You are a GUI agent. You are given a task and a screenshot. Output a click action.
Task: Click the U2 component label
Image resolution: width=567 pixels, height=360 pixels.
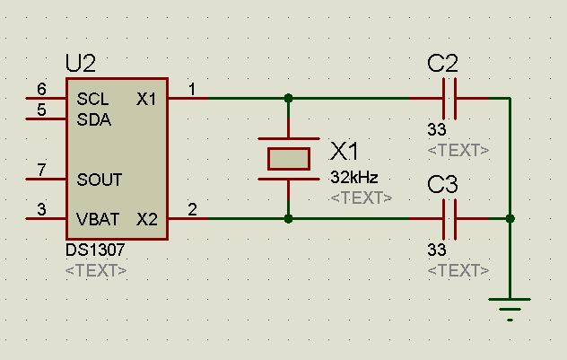pos(81,63)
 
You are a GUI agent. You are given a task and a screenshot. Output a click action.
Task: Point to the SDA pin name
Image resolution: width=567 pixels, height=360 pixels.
pos(93,119)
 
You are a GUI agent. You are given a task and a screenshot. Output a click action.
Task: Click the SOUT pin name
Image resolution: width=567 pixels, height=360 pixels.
pos(99,180)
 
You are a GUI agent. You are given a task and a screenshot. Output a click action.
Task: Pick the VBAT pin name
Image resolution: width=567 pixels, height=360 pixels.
pos(98,218)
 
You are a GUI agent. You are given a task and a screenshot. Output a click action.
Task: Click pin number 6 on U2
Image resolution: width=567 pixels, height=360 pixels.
pos(41,89)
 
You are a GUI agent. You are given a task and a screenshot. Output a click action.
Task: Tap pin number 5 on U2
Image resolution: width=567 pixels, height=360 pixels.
pos(41,110)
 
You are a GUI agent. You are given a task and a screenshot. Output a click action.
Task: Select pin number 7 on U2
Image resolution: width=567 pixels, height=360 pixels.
pos(41,170)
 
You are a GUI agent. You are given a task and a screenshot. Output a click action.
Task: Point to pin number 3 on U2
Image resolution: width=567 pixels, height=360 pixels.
pos(41,210)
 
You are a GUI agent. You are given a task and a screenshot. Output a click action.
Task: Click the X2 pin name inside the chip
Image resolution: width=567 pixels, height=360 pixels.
pos(146,218)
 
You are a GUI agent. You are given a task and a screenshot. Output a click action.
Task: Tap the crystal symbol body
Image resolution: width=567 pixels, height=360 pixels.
pos(289,159)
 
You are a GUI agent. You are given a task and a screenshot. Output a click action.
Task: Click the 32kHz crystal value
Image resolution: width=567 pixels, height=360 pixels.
pos(354,177)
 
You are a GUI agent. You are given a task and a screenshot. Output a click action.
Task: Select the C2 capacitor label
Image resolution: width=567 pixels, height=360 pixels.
pos(443,63)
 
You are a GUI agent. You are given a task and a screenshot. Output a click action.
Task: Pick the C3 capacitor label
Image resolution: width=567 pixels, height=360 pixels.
pos(443,185)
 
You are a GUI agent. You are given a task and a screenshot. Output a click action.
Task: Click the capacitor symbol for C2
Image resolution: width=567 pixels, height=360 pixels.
pos(450,98)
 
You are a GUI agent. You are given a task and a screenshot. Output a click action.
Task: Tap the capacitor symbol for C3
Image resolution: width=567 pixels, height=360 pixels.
pos(450,218)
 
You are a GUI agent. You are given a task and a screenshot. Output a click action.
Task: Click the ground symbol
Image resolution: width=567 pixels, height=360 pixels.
pos(510,305)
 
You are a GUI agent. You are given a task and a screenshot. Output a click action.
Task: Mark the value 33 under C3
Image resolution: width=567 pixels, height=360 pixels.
pos(437,250)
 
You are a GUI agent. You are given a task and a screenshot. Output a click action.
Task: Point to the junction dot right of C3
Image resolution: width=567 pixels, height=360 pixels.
pos(510,218)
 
